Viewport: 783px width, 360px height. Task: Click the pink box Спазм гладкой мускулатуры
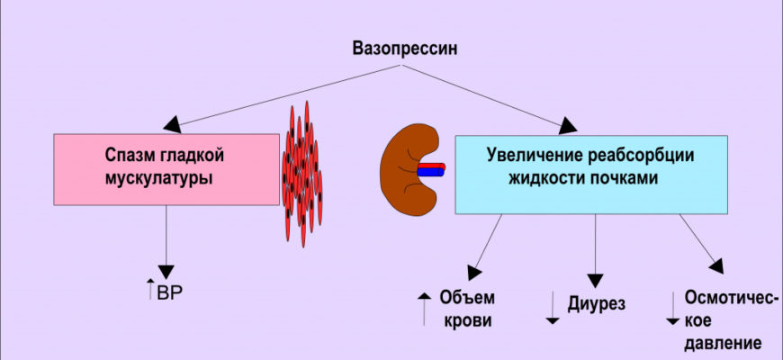point(166,167)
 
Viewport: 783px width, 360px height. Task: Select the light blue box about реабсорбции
point(590,174)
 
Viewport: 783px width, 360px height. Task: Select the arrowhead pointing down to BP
point(166,271)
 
